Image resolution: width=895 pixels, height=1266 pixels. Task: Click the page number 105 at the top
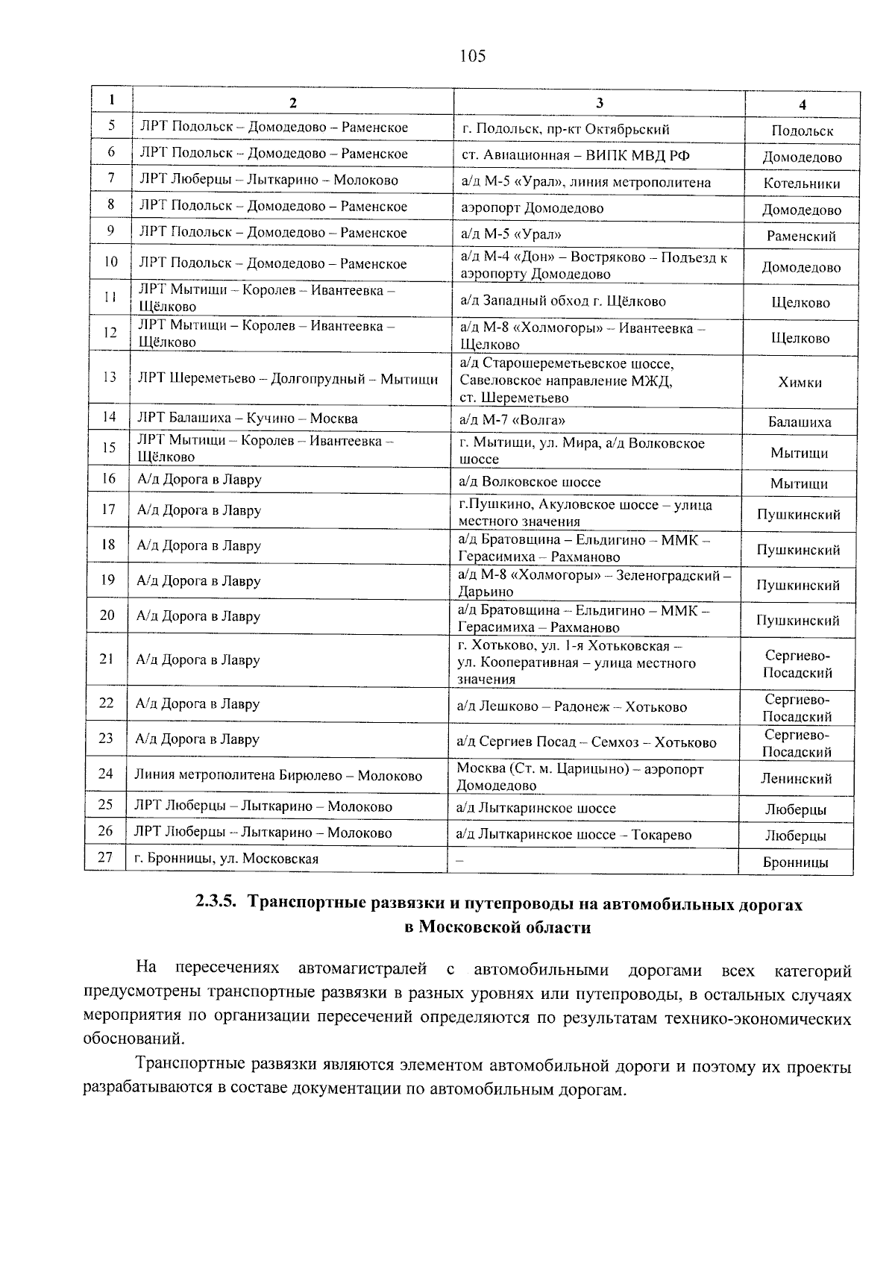point(473,56)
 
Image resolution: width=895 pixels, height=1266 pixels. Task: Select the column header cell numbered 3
point(599,103)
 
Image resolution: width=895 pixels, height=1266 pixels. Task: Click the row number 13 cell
point(109,377)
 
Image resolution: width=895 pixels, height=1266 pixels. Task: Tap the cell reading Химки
point(800,383)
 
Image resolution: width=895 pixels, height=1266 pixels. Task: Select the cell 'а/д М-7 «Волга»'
point(512,419)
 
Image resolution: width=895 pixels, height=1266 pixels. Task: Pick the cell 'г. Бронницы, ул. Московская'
point(226,859)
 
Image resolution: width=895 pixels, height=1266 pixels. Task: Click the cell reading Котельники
point(802,184)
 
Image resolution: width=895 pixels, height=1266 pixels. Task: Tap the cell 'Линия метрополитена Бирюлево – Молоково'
point(278,776)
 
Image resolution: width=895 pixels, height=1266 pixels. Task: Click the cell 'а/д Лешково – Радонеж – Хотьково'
point(571,706)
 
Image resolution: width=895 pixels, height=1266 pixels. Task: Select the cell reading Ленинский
point(797,779)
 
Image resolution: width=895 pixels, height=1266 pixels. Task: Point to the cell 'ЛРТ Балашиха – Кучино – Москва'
point(247,419)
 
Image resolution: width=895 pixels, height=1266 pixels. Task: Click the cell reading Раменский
point(801,236)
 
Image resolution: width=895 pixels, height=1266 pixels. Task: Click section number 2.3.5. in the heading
point(216,903)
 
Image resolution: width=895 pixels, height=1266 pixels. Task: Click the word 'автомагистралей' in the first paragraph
point(362,969)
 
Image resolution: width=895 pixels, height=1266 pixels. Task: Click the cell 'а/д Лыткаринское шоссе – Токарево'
point(574,835)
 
